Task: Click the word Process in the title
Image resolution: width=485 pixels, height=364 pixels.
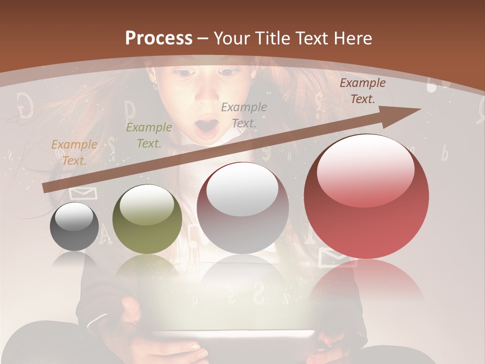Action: point(159,38)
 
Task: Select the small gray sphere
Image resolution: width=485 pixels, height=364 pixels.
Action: point(74,226)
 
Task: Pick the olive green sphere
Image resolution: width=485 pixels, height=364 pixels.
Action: point(147,219)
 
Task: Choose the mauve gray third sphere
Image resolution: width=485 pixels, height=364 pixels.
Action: point(243,208)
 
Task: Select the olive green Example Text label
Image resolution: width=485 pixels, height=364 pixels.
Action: point(149,135)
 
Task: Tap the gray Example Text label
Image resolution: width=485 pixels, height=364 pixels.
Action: point(244,115)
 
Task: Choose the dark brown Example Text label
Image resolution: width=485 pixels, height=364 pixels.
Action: point(362,91)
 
